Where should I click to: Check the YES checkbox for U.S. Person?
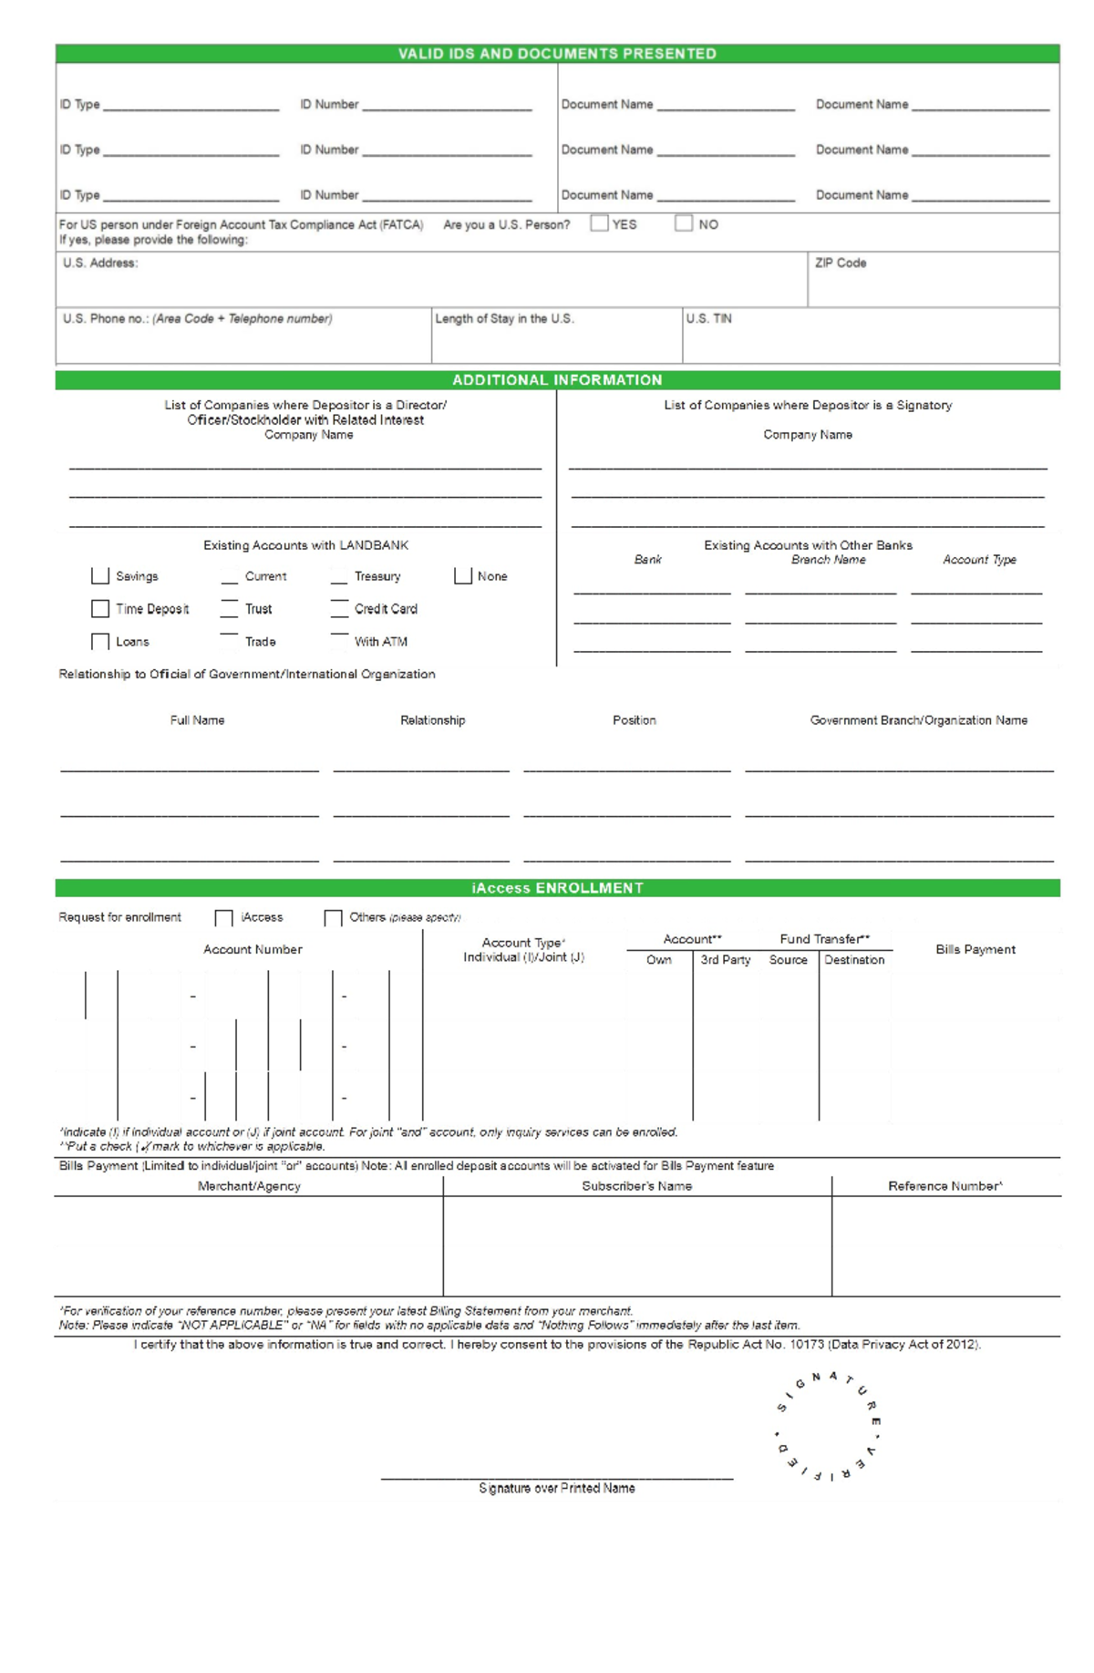tap(599, 223)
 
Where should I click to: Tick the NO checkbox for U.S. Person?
tap(684, 223)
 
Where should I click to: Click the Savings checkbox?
tap(100, 576)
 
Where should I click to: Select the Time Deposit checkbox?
tap(100, 608)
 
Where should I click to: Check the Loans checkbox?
tap(100, 642)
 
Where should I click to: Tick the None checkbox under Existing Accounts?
tap(463, 576)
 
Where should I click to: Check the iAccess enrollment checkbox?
tap(223, 917)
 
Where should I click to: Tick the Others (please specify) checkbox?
tap(333, 917)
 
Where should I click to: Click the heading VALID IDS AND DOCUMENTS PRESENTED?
tap(557, 54)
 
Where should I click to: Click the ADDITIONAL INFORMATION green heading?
tap(557, 380)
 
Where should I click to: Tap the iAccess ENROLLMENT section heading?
tap(557, 888)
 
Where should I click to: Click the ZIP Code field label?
tap(841, 263)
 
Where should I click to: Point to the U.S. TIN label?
tap(708, 319)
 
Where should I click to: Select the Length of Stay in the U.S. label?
tap(504, 319)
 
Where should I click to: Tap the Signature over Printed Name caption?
tap(557, 1488)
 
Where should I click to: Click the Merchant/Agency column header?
tap(249, 1186)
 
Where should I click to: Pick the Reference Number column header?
tap(944, 1186)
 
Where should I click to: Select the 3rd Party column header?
tap(726, 960)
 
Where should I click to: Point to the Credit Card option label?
tap(386, 609)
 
